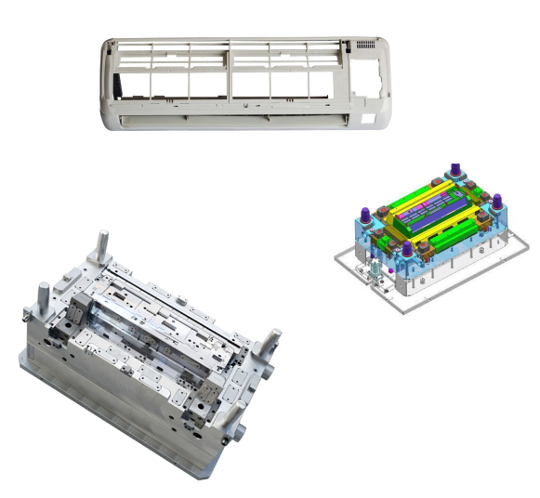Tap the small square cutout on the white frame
coord(368,117)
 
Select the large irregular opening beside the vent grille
coord(374,74)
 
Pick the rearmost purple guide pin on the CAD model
coord(455,173)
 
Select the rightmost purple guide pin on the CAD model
coord(497,203)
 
